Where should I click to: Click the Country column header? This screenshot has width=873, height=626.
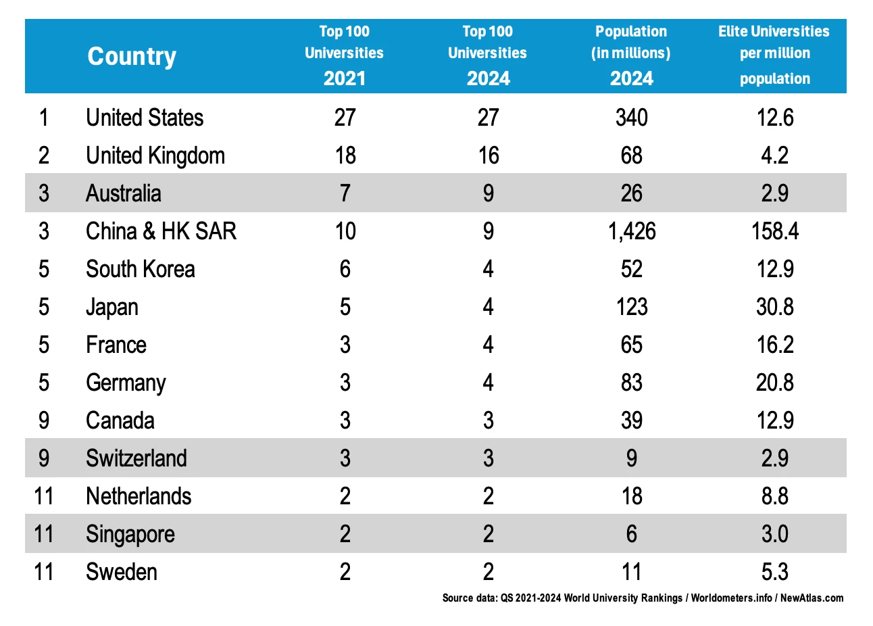tap(132, 56)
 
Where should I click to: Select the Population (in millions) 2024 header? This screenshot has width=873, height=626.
tap(631, 55)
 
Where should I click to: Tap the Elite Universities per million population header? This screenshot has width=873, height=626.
tap(774, 55)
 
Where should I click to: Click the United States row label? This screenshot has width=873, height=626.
tap(145, 118)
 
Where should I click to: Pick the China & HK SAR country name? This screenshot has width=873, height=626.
tap(161, 231)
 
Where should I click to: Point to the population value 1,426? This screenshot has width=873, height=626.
tap(631, 231)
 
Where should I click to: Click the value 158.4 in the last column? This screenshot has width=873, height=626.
tap(774, 231)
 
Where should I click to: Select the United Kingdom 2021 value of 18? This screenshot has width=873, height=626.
tap(345, 155)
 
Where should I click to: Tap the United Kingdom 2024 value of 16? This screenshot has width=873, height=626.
tap(488, 155)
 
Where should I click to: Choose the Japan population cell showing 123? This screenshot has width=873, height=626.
tap(631, 307)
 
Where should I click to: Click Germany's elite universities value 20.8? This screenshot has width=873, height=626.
tap(774, 383)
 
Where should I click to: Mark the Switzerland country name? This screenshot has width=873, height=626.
tap(136, 458)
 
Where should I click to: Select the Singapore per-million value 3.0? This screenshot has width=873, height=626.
tap(774, 534)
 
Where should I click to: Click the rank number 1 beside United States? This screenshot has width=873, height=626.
tap(44, 118)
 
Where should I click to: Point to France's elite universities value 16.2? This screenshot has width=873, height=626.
tap(774, 345)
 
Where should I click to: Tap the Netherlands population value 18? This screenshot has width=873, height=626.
tap(631, 496)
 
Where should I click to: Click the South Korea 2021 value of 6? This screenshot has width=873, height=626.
tap(345, 269)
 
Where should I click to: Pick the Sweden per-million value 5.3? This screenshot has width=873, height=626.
tap(774, 572)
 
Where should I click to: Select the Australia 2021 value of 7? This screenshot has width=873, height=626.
tap(345, 193)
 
